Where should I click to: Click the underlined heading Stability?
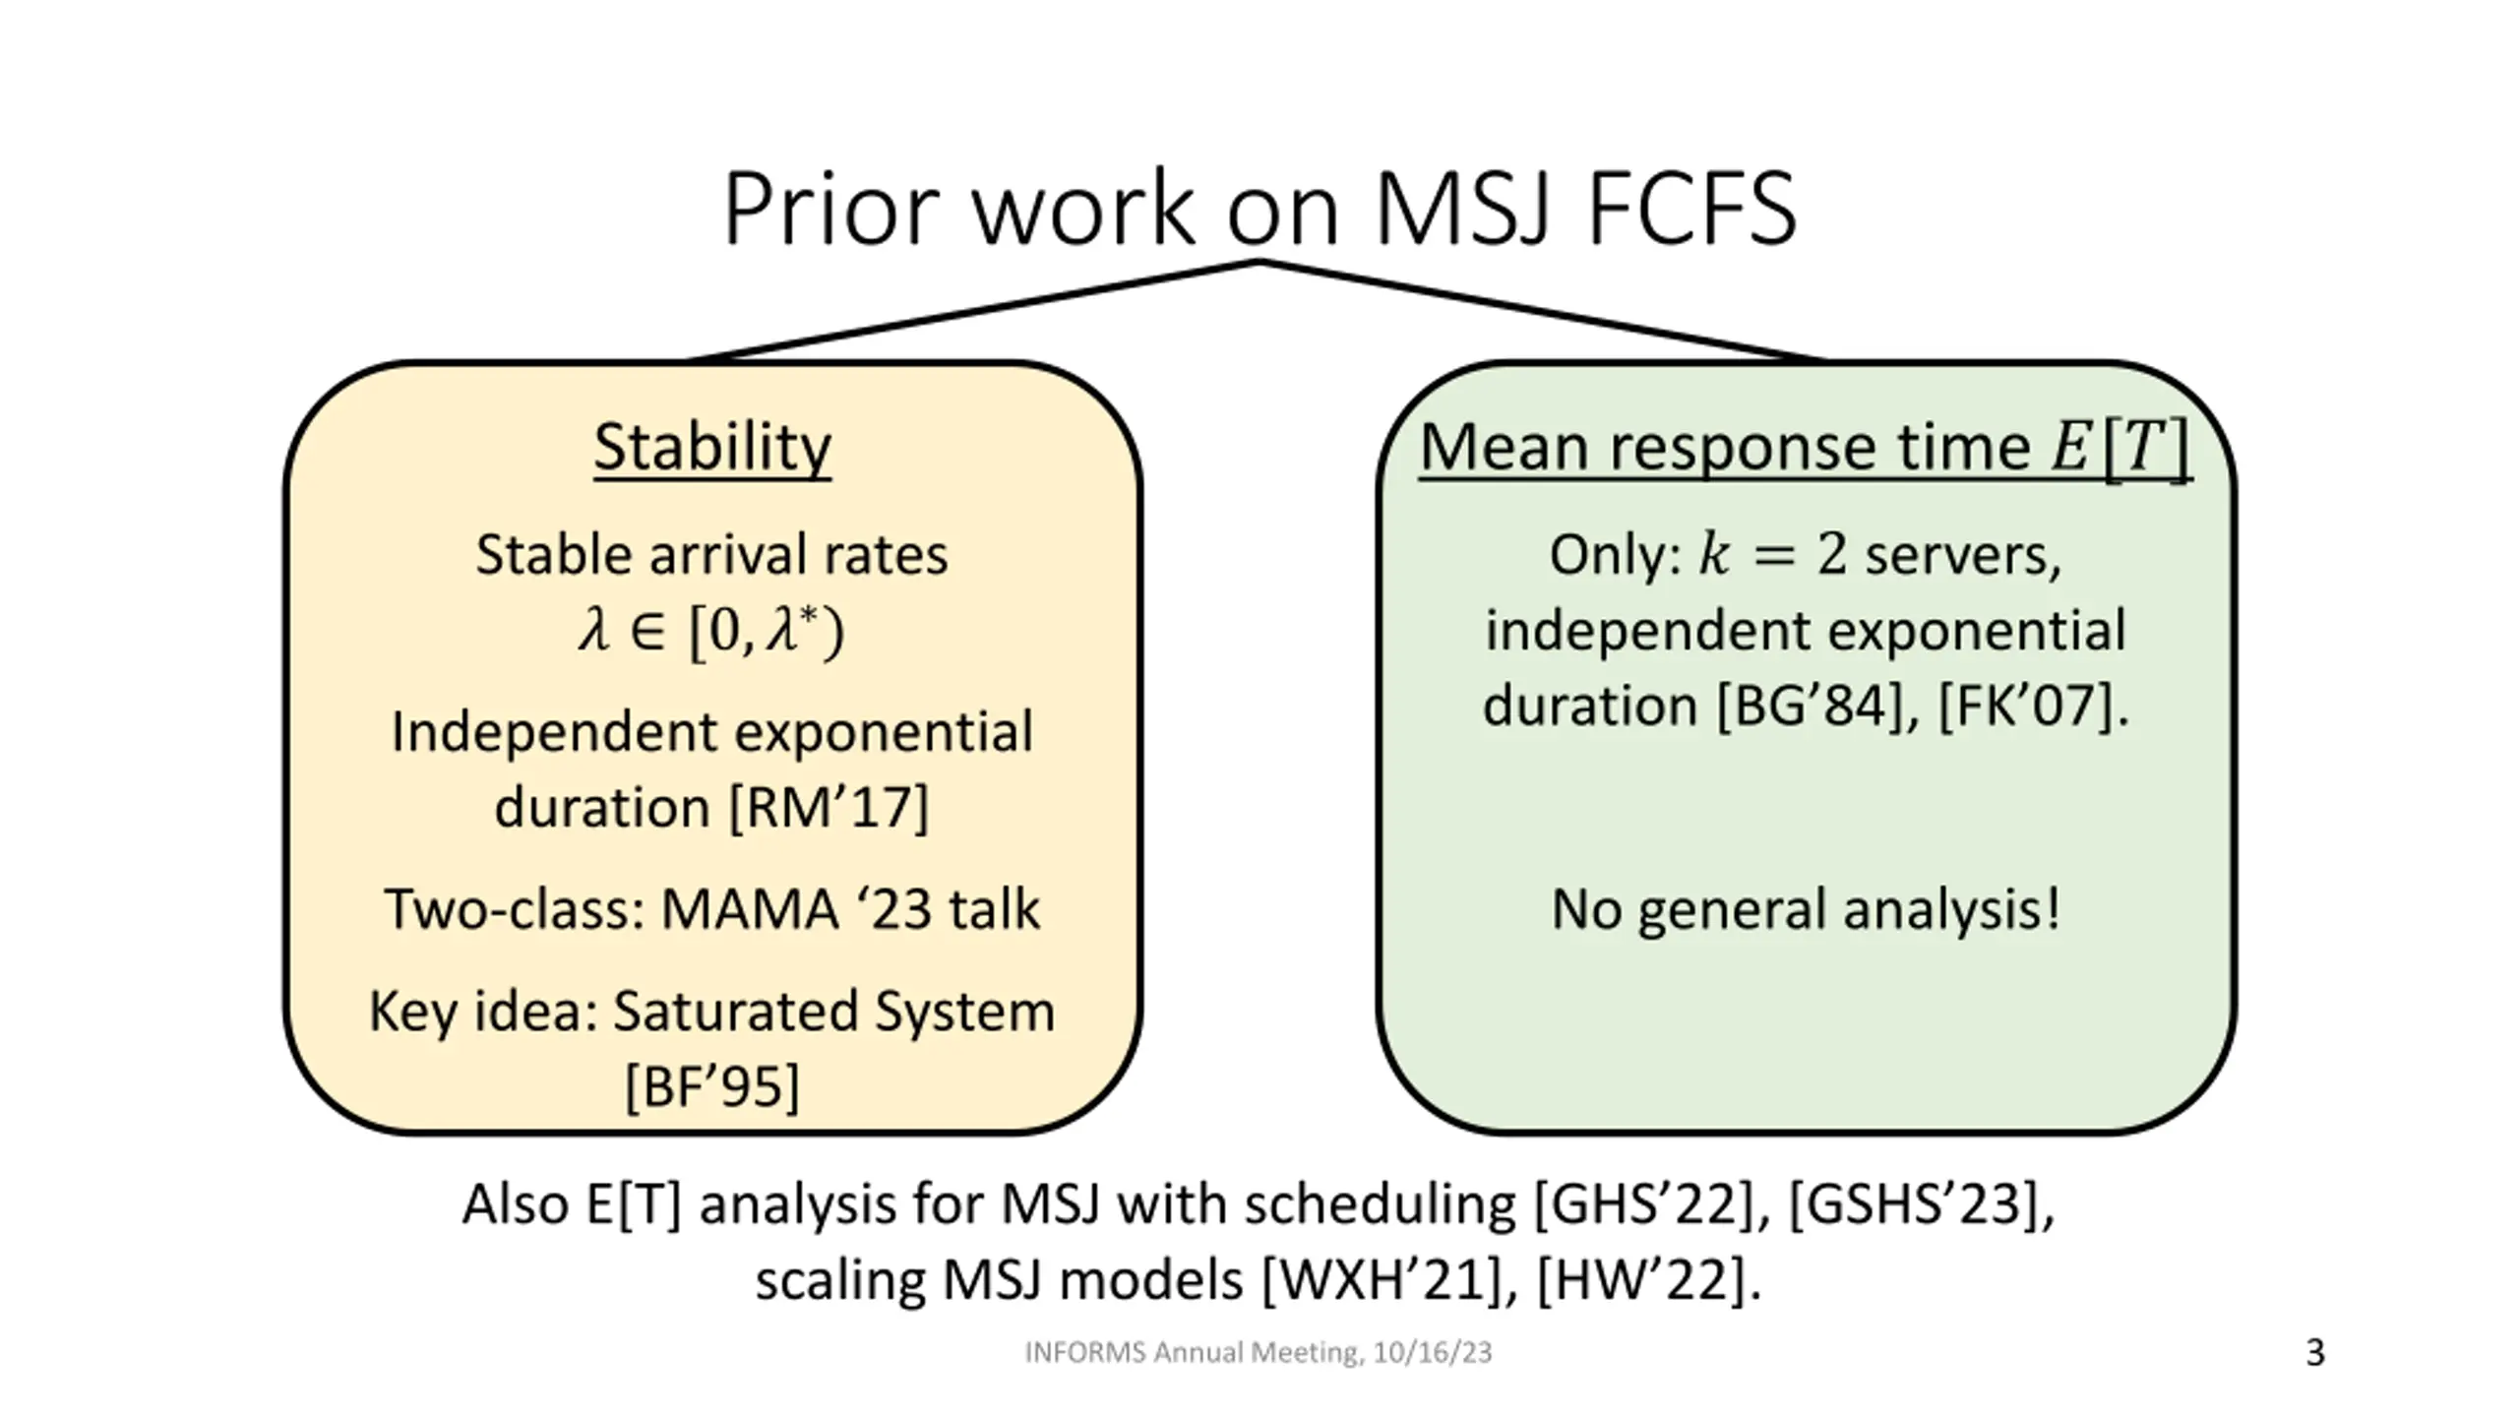(712, 448)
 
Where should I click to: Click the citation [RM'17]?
(829, 808)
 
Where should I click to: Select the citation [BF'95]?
(712, 1086)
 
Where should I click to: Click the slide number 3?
(2314, 1353)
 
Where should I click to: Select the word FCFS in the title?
(1692, 209)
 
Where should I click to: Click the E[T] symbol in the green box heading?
(2120, 448)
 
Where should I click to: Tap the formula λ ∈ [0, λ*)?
(710, 630)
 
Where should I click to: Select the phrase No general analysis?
(1806, 909)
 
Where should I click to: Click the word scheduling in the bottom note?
(1380, 1204)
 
